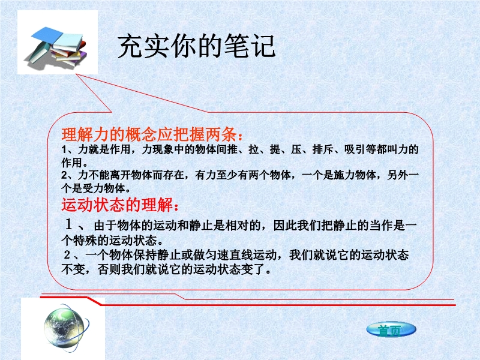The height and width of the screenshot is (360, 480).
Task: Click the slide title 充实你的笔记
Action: click(197, 46)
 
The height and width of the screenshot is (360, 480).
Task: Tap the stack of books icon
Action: click(57, 46)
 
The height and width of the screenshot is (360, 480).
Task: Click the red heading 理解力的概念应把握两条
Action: click(149, 134)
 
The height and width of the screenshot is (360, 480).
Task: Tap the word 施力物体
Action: click(355, 175)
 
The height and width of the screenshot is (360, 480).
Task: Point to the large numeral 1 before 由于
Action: click(68, 224)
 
